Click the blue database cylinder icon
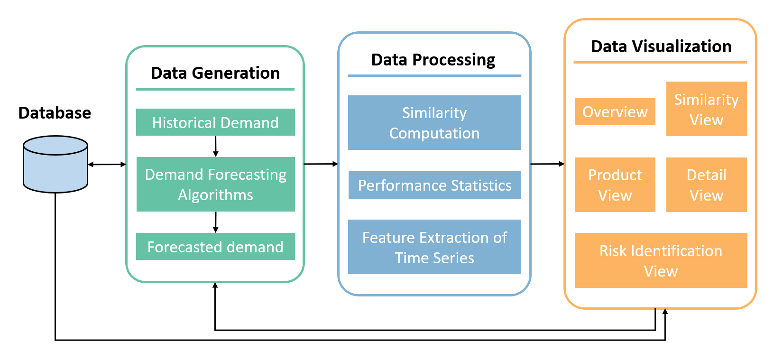click(55, 164)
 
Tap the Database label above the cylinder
click(55, 113)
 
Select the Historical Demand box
click(215, 122)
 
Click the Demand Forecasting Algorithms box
click(216, 184)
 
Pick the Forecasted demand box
click(215, 246)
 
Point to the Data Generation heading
click(215, 73)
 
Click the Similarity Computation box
click(434, 123)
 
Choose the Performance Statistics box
click(435, 185)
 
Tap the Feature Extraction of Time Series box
click(434, 247)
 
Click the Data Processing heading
click(433, 60)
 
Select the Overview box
click(615, 111)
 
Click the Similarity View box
click(707, 109)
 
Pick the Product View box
click(615, 185)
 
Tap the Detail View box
click(707, 185)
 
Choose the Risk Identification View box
click(661, 260)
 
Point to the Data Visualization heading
click(661, 46)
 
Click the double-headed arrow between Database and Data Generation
click(107, 165)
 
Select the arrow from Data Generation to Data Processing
click(321, 164)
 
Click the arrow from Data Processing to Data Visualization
click(548, 164)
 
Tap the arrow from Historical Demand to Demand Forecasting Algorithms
click(216, 147)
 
